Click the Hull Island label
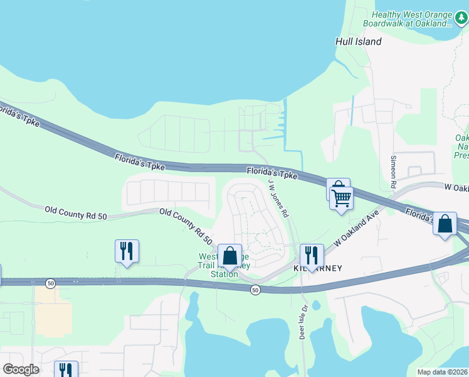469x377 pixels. (x=358, y=41)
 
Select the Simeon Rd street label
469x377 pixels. (x=394, y=172)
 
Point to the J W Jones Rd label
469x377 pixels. (x=278, y=198)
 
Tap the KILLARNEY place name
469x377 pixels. (x=319, y=268)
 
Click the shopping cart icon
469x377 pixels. (x=342, y=199)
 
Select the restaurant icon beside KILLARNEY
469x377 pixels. (x=312, y=256)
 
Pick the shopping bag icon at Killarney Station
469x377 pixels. (x=230, y=256)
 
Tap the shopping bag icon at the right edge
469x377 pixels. (x=445, y=224)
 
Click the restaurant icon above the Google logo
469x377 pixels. (x=65, y=369)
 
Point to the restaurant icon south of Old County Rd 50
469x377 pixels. (x=127, y=251)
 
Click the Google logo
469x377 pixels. (x=21, y=369)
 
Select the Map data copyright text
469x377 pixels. (x=442, y=372)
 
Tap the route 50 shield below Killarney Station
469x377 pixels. (x=255, y=290)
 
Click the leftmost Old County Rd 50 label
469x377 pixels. (x=75, y=212)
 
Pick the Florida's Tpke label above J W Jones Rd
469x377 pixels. (x=271, y=172)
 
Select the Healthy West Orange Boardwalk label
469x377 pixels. (x=411, y=19)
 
